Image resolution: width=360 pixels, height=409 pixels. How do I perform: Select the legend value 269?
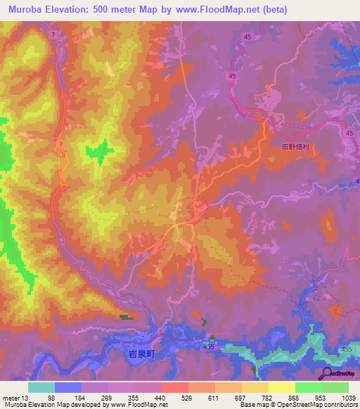pyautogui.click(x=107, y=398)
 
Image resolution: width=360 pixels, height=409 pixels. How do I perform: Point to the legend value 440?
pyautogui.click(x=160, y=398)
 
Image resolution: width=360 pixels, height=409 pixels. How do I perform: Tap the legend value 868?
pyautogui.click(x=295, y=398)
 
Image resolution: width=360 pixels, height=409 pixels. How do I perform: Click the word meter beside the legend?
pyautogui.click(x=10, y=398)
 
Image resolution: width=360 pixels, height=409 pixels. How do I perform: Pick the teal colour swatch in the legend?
pyautogui.click(x=41, y=387)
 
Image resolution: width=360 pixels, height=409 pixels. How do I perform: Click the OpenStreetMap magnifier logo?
pyautogui.click(x=326, y=373)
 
